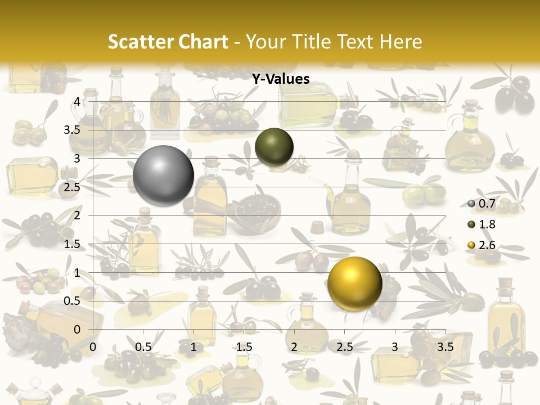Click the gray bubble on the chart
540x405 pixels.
click(x=164, y=175)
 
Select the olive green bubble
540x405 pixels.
click(x=274, y=147)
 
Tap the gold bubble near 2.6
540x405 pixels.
click(x=354, y=283)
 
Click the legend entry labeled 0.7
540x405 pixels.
click(x=481, y=203)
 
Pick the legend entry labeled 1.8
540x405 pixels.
click(x=481, y=224)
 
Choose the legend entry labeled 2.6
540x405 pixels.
click(x=481, y=245)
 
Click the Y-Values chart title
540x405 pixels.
click(x=281, y=79)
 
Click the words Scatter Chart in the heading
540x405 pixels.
click(x=168, y=42)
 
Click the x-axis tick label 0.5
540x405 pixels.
click(x=143, y=346)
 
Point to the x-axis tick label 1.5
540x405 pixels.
click(x=244, y=346)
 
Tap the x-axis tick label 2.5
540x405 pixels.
click(x=345, y=346)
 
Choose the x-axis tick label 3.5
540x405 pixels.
click(x=445, y=346)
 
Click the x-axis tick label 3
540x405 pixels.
click(x=395, y=346)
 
